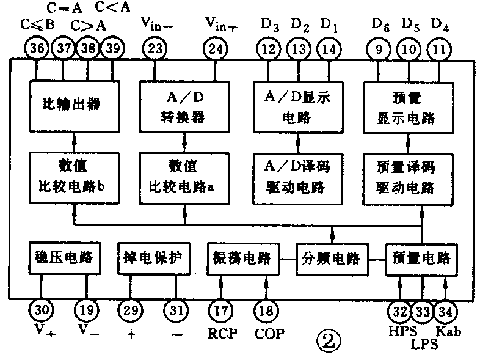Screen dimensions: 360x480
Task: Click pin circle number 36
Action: tap(37, 49)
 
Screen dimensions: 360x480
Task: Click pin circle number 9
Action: tap(382, 49)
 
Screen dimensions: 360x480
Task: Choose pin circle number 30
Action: tap(42, 310)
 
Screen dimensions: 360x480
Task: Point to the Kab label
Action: tap(449, 332)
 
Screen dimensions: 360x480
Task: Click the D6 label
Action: tap(382, 25)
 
